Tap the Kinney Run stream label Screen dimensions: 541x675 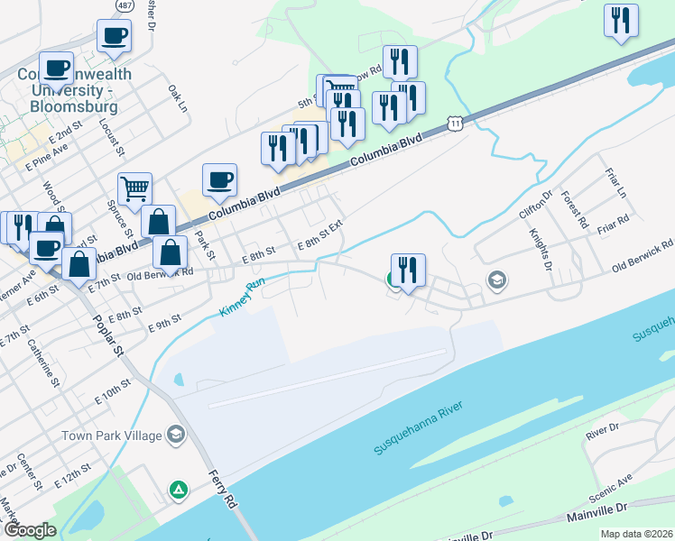pos(243,297)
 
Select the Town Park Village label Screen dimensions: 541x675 pos(112,436)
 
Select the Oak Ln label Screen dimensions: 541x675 pos(177,98)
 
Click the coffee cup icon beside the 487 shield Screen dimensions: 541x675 pos(114,37)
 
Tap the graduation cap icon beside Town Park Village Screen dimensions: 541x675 pos(176,436)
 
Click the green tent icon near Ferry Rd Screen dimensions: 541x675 pos(179,490)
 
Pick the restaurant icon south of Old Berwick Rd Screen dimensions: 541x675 pos(408,270)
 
